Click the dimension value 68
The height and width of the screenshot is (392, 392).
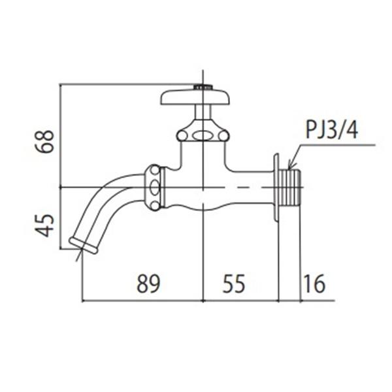pyautogui.click(x=44, y=141)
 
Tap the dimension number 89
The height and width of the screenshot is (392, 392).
pyautogui.click(x=148, y=284)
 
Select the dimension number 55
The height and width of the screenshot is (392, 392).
pyautogui.click(x=234, y=284)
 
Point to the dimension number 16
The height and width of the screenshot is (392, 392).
pyautogui.click(x=314, y=284)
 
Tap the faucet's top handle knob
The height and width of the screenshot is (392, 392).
pyautogui.click(x=195, y=97)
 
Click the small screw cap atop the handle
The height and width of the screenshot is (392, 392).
pyautogui.click(x=203, y=87)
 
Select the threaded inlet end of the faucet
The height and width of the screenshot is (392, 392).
pyautogui.click(x=289, y=188)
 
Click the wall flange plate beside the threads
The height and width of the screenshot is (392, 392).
pyautogui.click(x=276, y=188)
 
